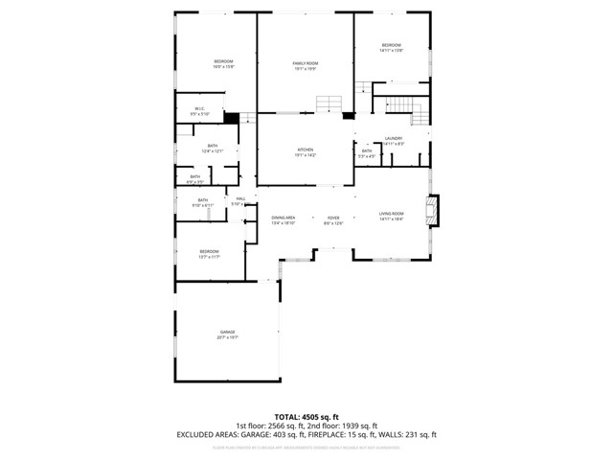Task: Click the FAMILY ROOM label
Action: (x=305, y=63)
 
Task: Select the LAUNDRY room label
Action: (x=394, y=139)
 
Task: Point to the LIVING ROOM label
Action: (x=391, y=214)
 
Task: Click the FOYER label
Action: (x=333, y=218)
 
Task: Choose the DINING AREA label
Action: (x=283, y=218)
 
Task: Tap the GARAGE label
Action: (x=227, y=332)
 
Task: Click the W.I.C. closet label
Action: (x=200, y=108)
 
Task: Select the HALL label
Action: (x=241, y=199)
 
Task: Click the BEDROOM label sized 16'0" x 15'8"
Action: (x=223, y=62)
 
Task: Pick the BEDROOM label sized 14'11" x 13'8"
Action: (x=391, y=46)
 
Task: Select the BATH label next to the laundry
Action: (x=367, y=150)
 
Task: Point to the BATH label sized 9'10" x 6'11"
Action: (x=203, y=200)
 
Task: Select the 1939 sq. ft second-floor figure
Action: (x=360, y=425)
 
